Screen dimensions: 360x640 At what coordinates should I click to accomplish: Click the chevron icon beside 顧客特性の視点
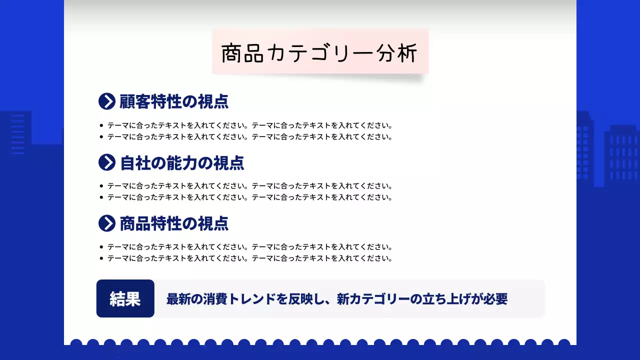pos(107,101)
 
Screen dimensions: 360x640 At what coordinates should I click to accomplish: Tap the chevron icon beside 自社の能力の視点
pos(107,162)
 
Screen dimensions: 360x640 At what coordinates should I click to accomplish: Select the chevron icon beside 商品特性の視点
pos(107,223)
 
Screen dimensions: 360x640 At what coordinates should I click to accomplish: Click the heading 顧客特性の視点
pos(174,101)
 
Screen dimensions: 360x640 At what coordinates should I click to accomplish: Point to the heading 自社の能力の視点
pos(182,162)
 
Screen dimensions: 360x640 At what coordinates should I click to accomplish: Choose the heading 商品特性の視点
pos(174,223)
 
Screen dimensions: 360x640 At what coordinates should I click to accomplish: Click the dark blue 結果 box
pos(125,298)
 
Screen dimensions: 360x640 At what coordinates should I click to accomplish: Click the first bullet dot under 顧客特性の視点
pos(101,125)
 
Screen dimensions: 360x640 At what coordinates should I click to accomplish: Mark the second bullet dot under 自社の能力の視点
pos(101,197)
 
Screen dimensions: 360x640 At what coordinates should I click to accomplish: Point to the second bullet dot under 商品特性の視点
pos(101,258)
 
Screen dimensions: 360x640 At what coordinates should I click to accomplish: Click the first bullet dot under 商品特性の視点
pos(101,247)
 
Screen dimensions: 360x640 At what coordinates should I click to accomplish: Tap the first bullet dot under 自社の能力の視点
pos(101,186)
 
